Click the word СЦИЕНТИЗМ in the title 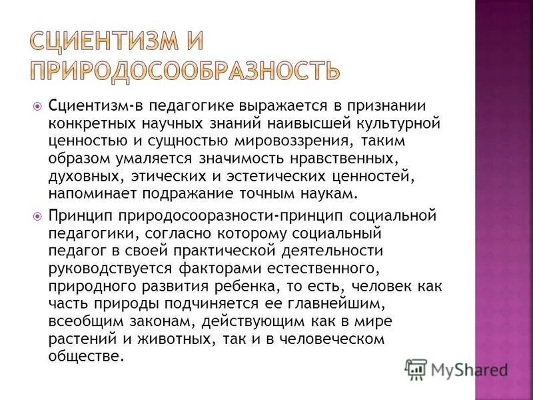click(106, 44)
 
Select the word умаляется click(151, 159)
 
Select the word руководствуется click(109, 269)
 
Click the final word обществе click(86, 356)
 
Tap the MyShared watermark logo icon click(416, 369)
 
